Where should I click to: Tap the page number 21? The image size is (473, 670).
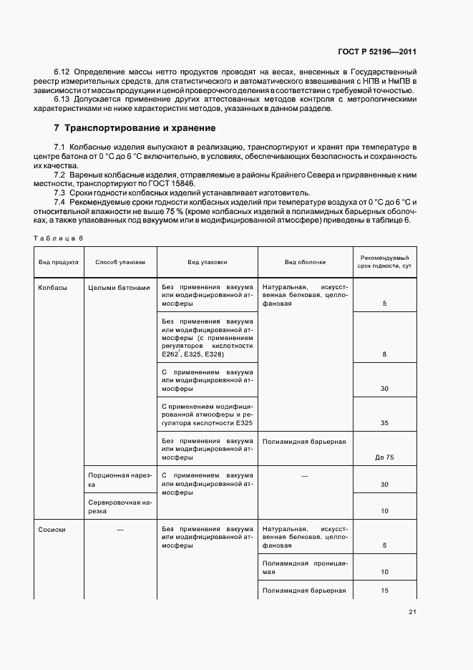coord(413,611)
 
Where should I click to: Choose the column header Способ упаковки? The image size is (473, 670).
coord(120,262)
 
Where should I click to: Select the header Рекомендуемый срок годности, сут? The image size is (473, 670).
coord(384,262)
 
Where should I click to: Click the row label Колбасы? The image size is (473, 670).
coord(53,288)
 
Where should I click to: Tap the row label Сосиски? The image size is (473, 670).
coord(53,529)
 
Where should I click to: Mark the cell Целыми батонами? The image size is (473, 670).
coord(119,288)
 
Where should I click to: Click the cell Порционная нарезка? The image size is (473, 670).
coord(119,480)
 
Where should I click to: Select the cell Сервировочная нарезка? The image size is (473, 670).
coord(119,507)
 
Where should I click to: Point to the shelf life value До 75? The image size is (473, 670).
coord(384,457)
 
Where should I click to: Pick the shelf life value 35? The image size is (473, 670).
coord(384,423)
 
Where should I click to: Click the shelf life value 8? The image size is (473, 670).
coord(384,354)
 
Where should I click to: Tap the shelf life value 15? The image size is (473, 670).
coord(384,591)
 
